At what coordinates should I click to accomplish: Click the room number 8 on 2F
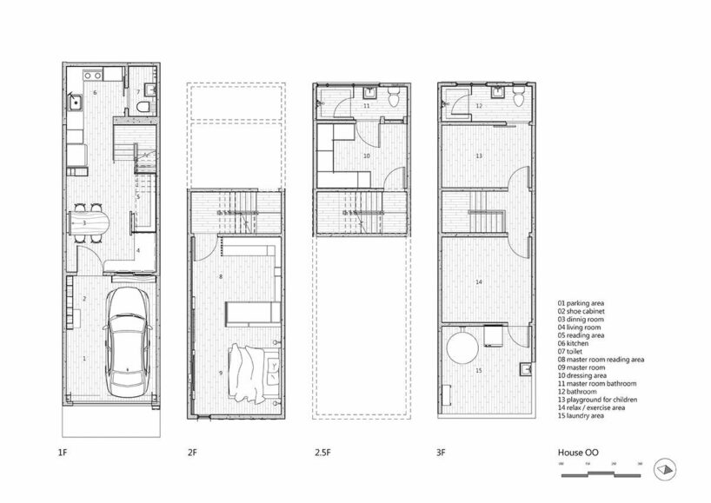click(x=221, y=277)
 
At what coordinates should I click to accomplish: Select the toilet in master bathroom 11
click(x=395, y=99)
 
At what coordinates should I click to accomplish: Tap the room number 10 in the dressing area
click(x=366, y=156)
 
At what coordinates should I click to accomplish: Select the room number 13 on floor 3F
click(x=478, y=156)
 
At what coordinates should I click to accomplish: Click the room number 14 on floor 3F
click(x=478, y=282)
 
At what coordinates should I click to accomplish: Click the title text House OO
click(x=577, y=453)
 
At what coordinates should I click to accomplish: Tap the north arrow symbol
click(x=665, y=467)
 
